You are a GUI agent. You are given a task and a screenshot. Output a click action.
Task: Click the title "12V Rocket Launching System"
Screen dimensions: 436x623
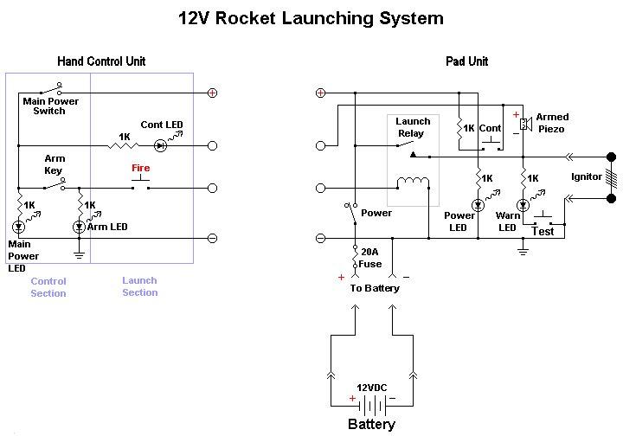click(x=311, y=18)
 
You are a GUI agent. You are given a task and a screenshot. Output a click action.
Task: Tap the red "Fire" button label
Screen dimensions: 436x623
click(x=140, y=168)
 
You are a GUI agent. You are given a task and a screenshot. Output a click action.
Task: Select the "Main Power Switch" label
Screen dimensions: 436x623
click(x=50, y=106)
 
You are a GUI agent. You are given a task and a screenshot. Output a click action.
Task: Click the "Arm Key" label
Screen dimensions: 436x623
click(x=55, y=164)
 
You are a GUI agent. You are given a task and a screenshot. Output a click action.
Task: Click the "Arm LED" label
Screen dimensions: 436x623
click(x=107, y=227)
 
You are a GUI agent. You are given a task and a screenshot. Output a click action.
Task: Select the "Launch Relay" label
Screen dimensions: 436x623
click(x=413, y=127)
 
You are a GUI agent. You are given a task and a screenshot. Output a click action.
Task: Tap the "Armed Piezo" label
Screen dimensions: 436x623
click(x=551, y=123)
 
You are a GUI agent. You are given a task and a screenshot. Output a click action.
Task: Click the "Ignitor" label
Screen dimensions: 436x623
click(x=587, y=177)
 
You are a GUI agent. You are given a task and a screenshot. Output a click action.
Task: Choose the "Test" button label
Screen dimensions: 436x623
click(x=543, y=231)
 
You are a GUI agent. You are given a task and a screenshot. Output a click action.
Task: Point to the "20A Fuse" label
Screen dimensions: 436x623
click(x=370, y=258)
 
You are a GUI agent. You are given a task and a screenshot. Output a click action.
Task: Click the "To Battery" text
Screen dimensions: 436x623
click(x=375, y=288)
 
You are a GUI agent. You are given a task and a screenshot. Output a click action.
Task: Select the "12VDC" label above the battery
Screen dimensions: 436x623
click(x=372, y=388)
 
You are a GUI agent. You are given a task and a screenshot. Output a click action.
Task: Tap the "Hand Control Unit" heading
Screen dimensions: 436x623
click(x=101, y=61)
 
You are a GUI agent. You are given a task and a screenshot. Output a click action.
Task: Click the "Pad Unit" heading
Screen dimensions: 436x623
click(x=466, y=61)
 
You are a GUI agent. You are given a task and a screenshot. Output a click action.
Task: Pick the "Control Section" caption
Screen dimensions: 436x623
click(x=48, y=287)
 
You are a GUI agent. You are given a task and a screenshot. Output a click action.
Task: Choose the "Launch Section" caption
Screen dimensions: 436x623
click(x=139, y=286)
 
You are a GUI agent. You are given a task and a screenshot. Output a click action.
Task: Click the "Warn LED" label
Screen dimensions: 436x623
click(x=508, y=222)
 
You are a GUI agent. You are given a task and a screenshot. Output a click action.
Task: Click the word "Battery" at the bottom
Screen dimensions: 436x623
click(x=371, y=424)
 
